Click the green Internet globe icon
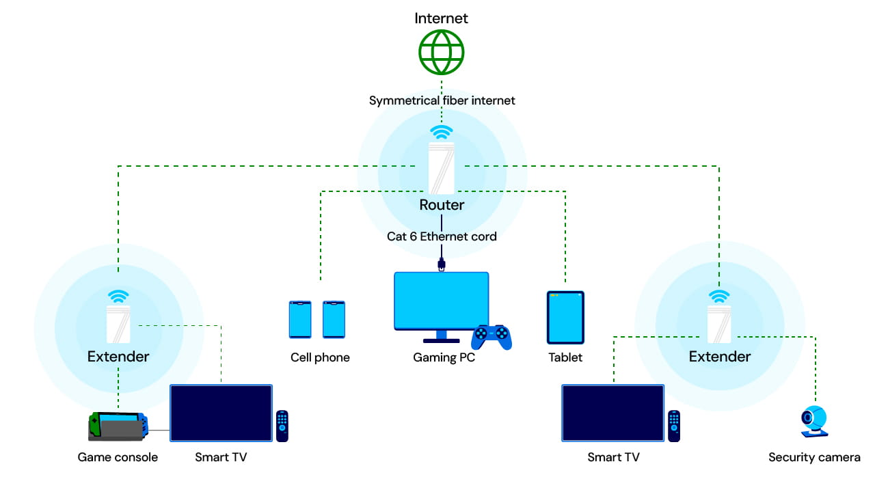[441, 52]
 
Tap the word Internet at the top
[441, 18]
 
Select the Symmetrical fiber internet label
[442, 100]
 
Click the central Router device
[442, 168]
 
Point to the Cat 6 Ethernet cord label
[442, 237]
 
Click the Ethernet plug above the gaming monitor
[442, 264]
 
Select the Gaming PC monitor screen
[442, 301]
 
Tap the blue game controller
[492, 336]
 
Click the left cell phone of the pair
[300, 319]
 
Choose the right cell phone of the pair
[334, 319]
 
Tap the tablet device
[565, 317]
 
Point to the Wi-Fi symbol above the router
[441, 132]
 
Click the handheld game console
[118, 426]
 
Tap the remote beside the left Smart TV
[282, 426]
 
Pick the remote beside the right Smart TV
[674, 426]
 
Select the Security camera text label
[814, 457]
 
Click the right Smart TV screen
[613, 413]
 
